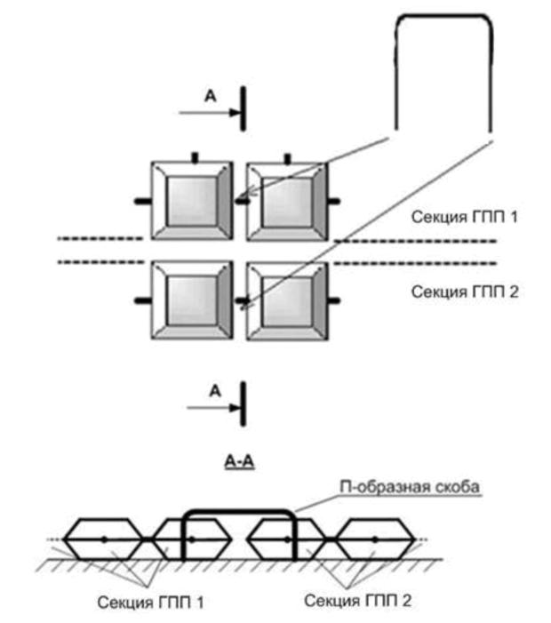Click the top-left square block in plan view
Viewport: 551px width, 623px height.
191,201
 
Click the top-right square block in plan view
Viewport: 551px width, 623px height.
287,201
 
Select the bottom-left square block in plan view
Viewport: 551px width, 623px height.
191,300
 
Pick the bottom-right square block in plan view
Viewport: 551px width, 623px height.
287,300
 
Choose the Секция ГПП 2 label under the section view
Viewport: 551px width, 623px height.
357,602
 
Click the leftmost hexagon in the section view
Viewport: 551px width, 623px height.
103,539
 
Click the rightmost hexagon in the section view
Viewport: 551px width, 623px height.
373,539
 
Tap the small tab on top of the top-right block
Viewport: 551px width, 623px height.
287,158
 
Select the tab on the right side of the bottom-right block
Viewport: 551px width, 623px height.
335,301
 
